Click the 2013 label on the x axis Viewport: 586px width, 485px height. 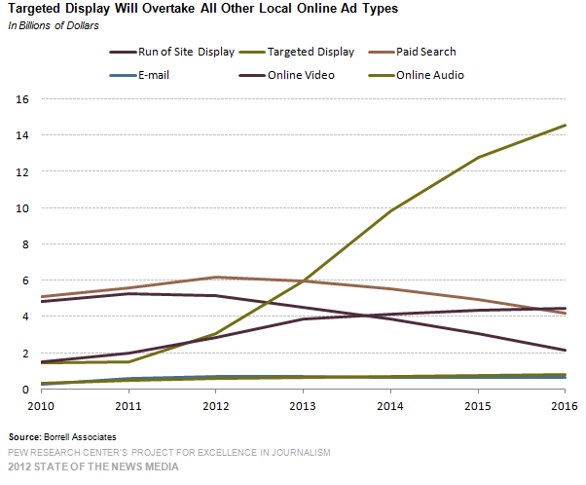304,404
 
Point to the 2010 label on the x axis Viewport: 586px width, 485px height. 43,404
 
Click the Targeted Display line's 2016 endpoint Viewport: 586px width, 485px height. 566,125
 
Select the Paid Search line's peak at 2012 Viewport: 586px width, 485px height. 216,278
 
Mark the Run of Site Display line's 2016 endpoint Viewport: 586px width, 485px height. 566,351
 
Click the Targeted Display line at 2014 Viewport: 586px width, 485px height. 391,210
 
